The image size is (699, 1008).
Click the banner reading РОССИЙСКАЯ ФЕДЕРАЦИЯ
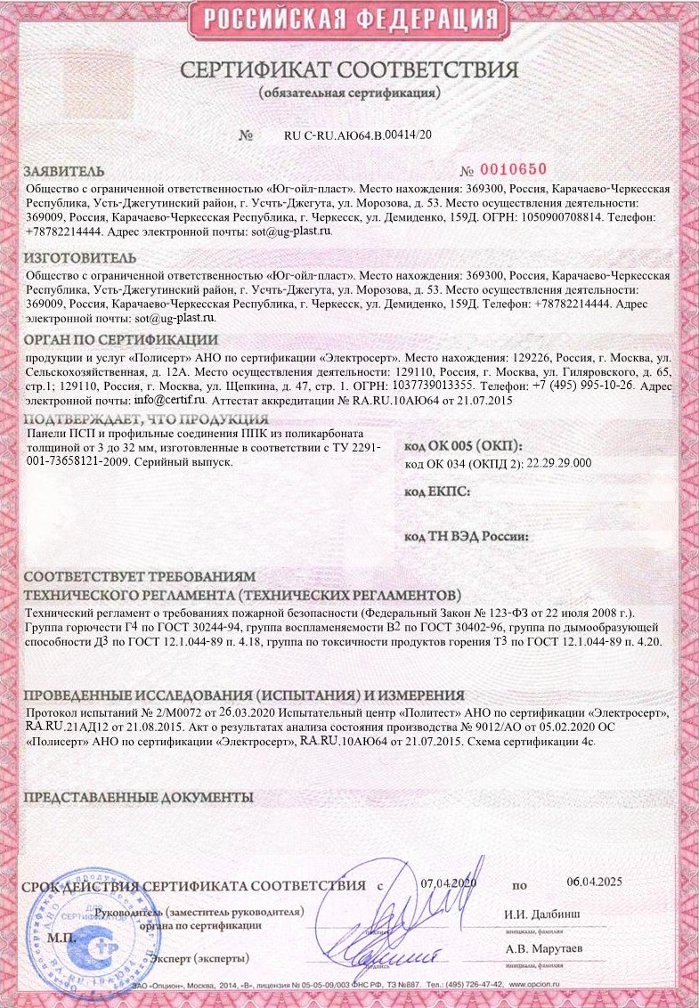[348, 19]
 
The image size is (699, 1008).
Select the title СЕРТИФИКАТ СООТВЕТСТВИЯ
[349, 70]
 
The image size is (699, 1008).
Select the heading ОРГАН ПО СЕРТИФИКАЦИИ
[120, 339]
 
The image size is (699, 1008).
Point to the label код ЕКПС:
[437, 491]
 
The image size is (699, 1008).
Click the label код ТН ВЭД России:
[467, 537]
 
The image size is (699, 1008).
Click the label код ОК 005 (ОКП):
[463, 446]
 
